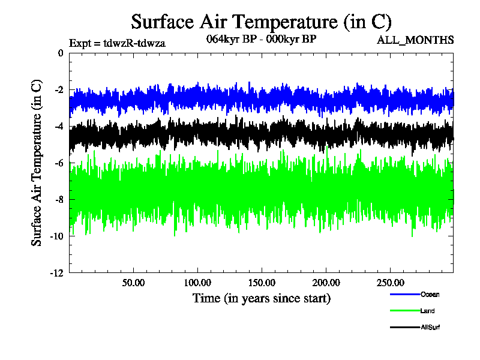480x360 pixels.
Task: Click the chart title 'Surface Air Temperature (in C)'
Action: tap(262, 22)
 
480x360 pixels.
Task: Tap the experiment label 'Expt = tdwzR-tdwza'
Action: tap(117, 43)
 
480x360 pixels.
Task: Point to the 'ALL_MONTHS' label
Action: tap(415, 41)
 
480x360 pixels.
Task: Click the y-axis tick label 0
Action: tap(60, 53)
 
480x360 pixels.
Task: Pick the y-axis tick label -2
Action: tap(58, 90)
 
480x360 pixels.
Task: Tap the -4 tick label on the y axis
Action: tap(58, 127)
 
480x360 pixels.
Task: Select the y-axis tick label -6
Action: tap(58, 163)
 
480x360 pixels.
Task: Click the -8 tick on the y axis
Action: tap(58, 200)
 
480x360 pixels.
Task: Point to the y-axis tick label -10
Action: tap(56, 236)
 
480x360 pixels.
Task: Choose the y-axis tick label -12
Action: tap(56, 273)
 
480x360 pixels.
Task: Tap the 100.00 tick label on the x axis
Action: tap(197, 283)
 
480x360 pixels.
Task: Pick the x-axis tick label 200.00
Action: tap(325, 283)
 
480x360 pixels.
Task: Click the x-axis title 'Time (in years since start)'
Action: tap(262, 298)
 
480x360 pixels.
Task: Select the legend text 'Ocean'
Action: tap(430, 294)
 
